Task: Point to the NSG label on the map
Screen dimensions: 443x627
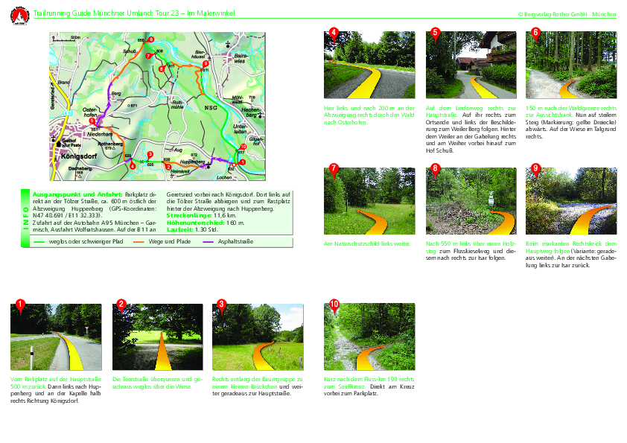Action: [x=211, y=108]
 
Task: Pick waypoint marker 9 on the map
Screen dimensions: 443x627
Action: [x=206, y=64]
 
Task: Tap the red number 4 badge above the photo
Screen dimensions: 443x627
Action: [x=334, y=31]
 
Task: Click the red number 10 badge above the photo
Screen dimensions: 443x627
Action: [x=334, y=304]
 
